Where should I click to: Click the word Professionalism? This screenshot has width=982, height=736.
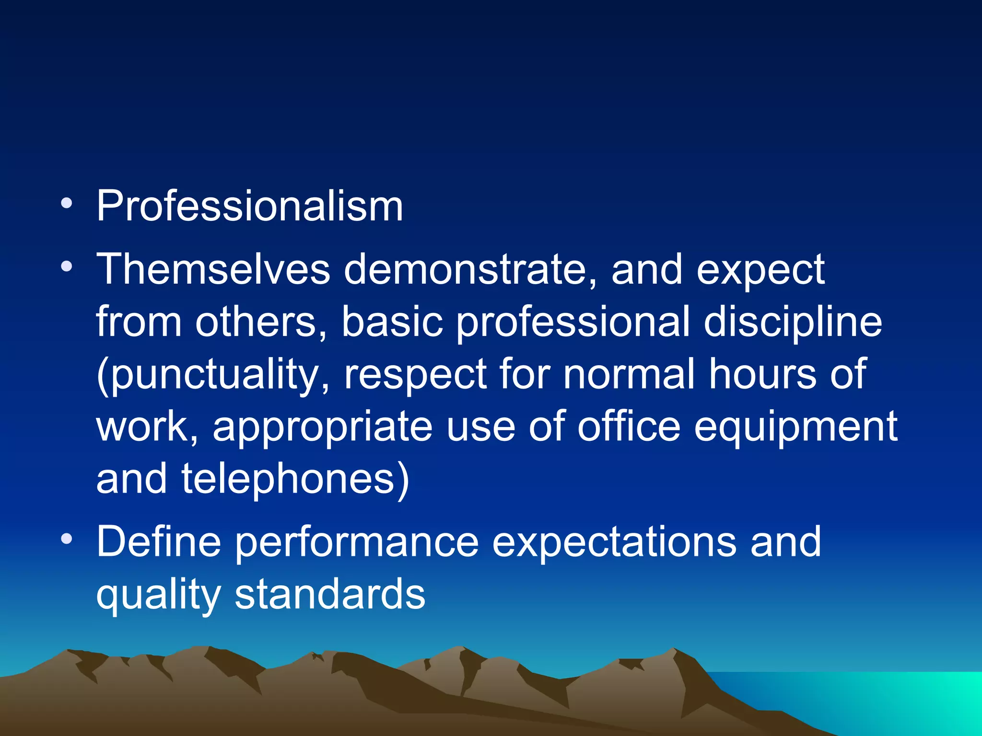249,206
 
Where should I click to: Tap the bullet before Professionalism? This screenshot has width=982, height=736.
67,203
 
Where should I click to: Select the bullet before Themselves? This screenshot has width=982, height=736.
67,266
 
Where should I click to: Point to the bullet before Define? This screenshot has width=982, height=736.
67,539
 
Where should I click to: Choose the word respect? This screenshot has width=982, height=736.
415,375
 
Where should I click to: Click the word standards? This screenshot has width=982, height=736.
330,594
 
